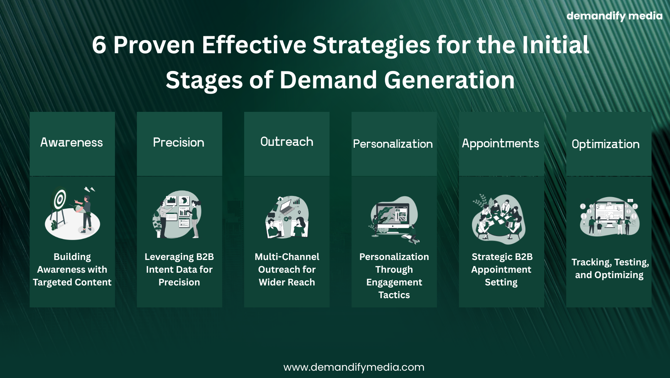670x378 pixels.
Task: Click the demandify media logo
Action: (614, 16)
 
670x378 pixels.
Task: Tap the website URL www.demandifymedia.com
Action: (354, 367)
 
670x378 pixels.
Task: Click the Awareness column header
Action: (72, 142)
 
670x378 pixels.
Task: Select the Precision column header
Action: (179, 142)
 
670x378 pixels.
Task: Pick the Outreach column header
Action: (287, 142)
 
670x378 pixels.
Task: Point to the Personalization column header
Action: (393, 144)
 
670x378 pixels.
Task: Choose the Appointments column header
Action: (500, 143)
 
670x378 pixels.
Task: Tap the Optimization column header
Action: (606, 144)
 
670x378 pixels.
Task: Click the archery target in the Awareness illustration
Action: (59, 199)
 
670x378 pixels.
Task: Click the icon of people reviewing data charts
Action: (177, 214)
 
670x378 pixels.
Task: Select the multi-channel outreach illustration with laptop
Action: (287, 217)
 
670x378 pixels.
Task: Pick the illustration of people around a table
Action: (499, 219)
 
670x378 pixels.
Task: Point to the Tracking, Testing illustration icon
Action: (609, 217)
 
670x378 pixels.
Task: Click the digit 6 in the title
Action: (99, 45)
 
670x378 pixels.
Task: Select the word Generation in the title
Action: (449, 80)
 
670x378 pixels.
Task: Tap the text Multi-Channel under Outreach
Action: (287, 257)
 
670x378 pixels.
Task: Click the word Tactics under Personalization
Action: (394, 295)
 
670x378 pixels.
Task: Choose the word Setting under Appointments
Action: (501, 283)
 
